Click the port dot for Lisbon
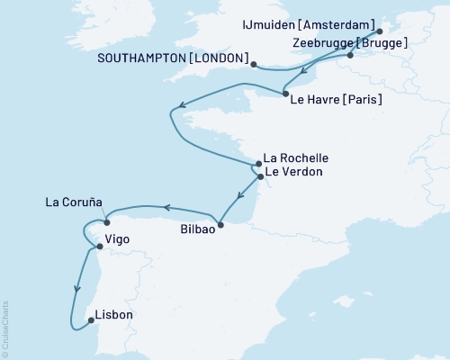click(x=90, y=317)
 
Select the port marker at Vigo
click(x=99, y=246)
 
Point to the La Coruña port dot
click(x=106, y=222)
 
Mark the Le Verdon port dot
click(x=260, y=177)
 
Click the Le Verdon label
click(x=292, y=171)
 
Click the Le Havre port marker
click(x=284, y=94)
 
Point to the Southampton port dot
click(x=255, y=64)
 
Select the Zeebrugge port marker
click(x=350, y=55)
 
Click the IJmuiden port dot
click(x=379, y=30)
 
